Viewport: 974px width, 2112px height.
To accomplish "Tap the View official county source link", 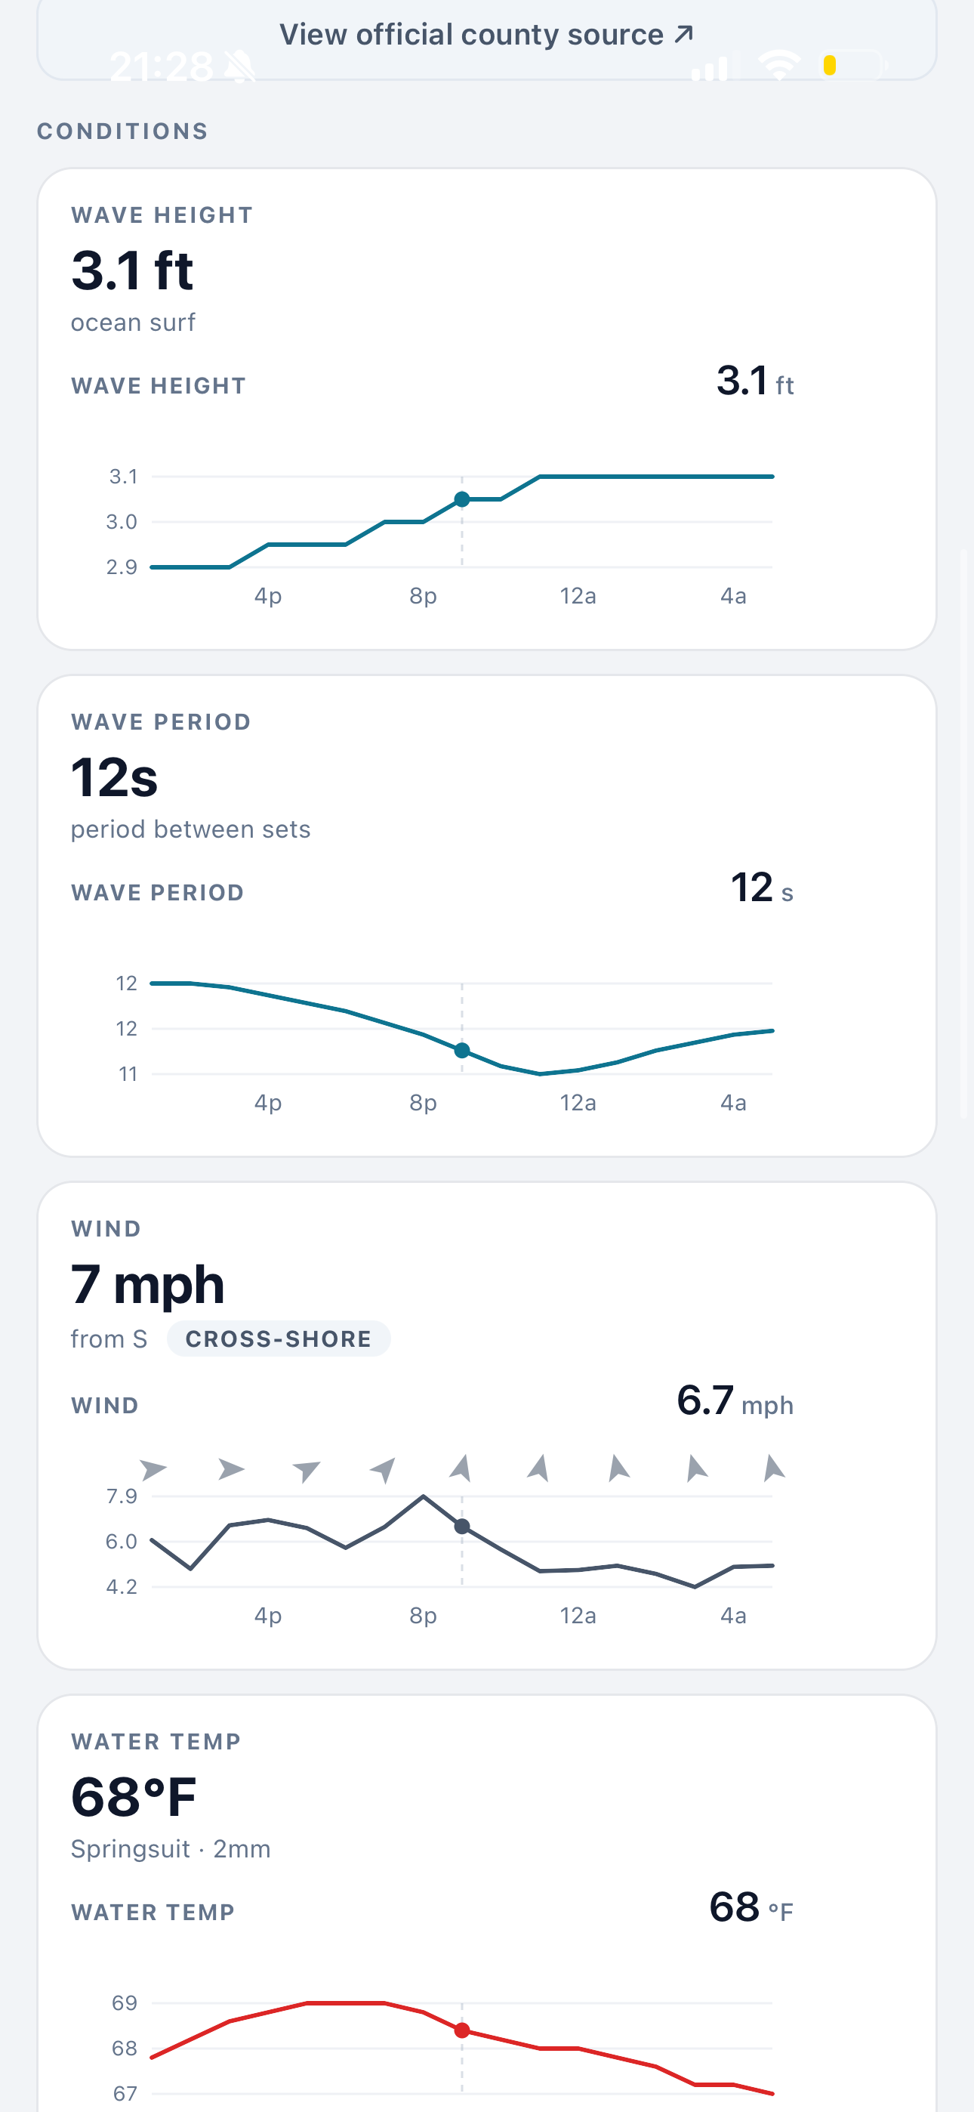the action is pyautogui.click(x=486, y=35).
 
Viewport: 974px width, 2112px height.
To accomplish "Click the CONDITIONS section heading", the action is pyautogui.click(x=123, y=131).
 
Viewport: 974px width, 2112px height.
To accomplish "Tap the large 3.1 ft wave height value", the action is pyautogui.click(x=132, y=270).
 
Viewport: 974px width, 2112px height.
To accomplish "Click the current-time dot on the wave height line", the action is pyautogui.click(x=462, y=499).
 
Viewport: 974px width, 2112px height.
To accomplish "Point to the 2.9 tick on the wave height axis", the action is pyautogui.click(x=122, y=567).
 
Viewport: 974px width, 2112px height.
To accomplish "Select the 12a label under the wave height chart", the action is pyautogui.click(x=578, y=596).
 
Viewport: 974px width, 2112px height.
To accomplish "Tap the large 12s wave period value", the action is pyautogui.click(x=114, y=777).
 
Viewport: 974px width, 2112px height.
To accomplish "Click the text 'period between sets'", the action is pyautogui.click(x=190, y=829).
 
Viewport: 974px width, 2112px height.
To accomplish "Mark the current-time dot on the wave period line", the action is pyautogui.click(x=462, y=1050).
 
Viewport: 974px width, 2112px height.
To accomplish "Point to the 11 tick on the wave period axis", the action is pyautogui.click(x=128, y=1074).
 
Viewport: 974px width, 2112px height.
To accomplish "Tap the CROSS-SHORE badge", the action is pyautogui.click(x=279, y=1339).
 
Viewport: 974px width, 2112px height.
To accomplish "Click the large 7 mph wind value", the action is pyautogui.click(x=147, y=1285).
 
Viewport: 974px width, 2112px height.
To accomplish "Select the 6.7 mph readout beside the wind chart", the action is pyautogui.click(x=735, y=1401).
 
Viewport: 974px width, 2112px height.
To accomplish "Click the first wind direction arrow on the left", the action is pyautogui.click(x=153, y=1469).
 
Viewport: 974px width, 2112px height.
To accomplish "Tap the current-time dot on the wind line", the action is pyautogui.click(x=462, y=1527).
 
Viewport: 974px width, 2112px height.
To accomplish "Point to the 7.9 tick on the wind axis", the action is pyautogui.click(x=122, y=1496).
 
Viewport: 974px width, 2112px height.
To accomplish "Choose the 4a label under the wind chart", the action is pyautogui.click(x=734, y=1616).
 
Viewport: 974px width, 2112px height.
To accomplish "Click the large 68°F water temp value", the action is pyautogui.click(x=134, y=1797).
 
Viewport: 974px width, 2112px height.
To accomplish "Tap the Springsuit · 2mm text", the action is pyautogui.click(x=171, y=1850).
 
